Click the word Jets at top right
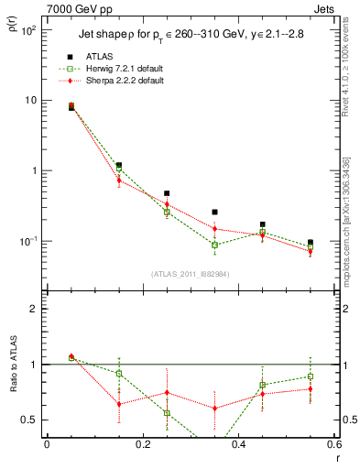pyautogui.click(x=323, y=9)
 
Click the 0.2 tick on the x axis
pyautogui.click(x=142, y=444)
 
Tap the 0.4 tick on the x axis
pyautogui.click(x=238, y=444)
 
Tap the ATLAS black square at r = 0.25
pyautogui.click(x=167, y=193)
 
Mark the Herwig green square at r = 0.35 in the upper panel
pyautogui.click(x=214, y=245)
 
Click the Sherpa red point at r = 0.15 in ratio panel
pyautogui.click(x=119, y=404)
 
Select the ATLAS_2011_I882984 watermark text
pyautogui.click(x=190, y=274)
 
